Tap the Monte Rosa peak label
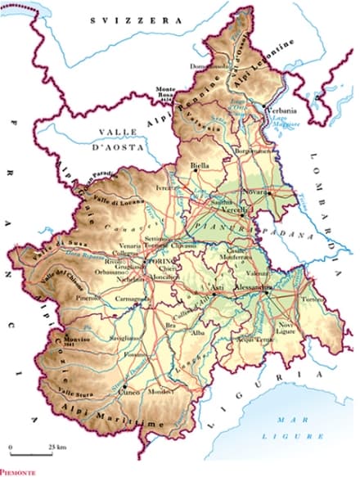pyautogui.click(x=166, y=92)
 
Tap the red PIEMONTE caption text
pyautogui.click(x=20, y=472)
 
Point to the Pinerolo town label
pyautogui.click(x=88, y=300)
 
